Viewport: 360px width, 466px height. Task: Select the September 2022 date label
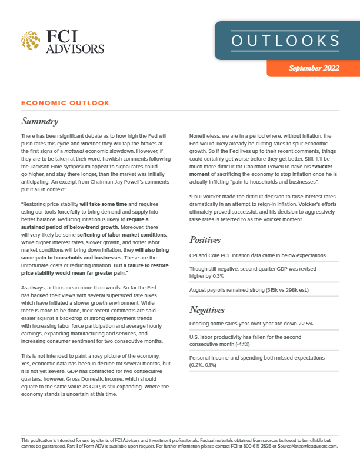point(314,68)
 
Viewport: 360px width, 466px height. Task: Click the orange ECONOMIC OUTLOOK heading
point(65,103)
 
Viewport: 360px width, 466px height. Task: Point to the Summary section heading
point(39,122)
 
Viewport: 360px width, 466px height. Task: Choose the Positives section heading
point(205,240)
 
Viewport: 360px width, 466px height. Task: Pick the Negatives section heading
point(208,309)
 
